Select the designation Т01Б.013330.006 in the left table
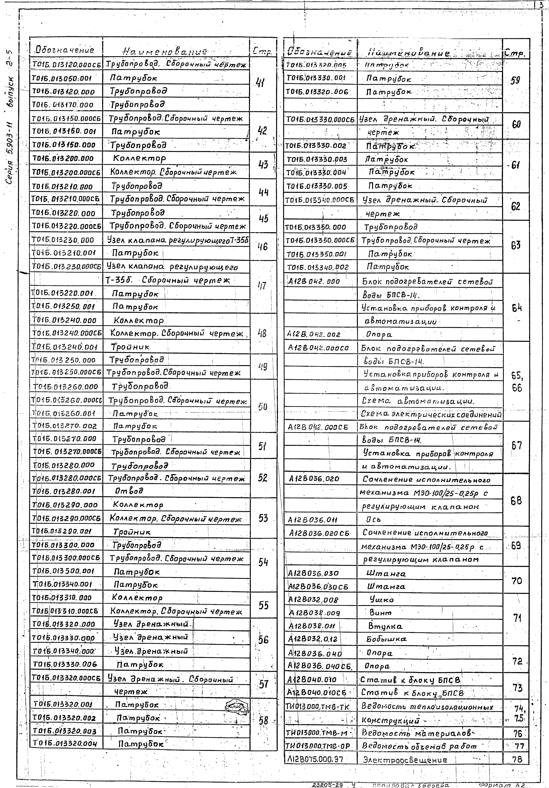tap(65, 664)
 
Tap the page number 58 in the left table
tap(263, 721)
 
